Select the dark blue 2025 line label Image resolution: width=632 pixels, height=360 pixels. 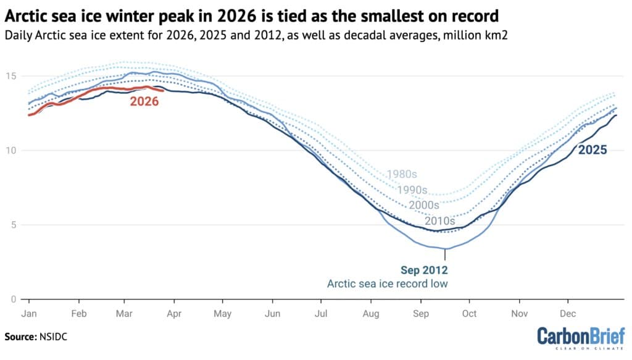pos(592,149)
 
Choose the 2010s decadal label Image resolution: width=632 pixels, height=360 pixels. pos(439,220)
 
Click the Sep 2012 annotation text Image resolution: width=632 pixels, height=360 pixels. pos(423,270)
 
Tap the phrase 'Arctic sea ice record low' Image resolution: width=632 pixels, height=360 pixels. pos(388,284)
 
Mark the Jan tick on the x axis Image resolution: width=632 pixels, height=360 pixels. pos(29,313)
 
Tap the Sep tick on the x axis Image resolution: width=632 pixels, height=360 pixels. pos(421,313)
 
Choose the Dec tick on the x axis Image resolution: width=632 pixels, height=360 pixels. pos(568,313)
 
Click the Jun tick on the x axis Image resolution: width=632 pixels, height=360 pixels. pos(272,313)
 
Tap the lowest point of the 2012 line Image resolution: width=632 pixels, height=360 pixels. pos(445,249)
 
